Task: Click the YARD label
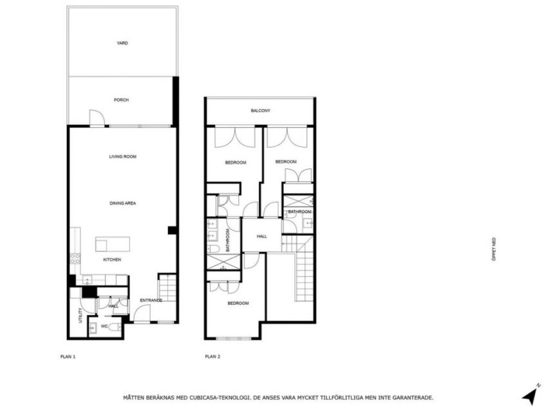(x=122, y=43)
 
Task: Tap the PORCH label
(x=121, y=100)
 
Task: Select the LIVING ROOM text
(x=122, y=156)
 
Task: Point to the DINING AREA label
(x=122, y=203)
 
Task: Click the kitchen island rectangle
(x=112, y=244)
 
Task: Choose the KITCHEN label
(x=112, y=260)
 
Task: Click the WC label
(x=104, y=326)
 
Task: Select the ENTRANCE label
(x=151, y=300)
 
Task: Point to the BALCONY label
(x=261, y=111)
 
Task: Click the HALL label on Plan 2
(x=261, y=237)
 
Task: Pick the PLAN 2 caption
(x=212, y=355)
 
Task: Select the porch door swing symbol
(x=96, y=118)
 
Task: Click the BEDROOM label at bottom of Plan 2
(x=238, y=303)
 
